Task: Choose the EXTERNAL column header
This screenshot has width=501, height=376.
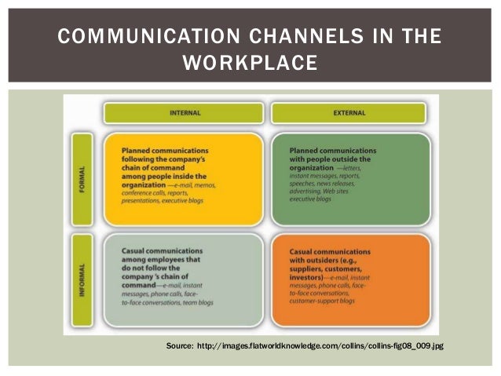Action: click(349, 112)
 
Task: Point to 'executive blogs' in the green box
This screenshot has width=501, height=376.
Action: click(310, 199)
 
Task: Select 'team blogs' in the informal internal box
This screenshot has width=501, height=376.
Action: click(196, 301)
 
